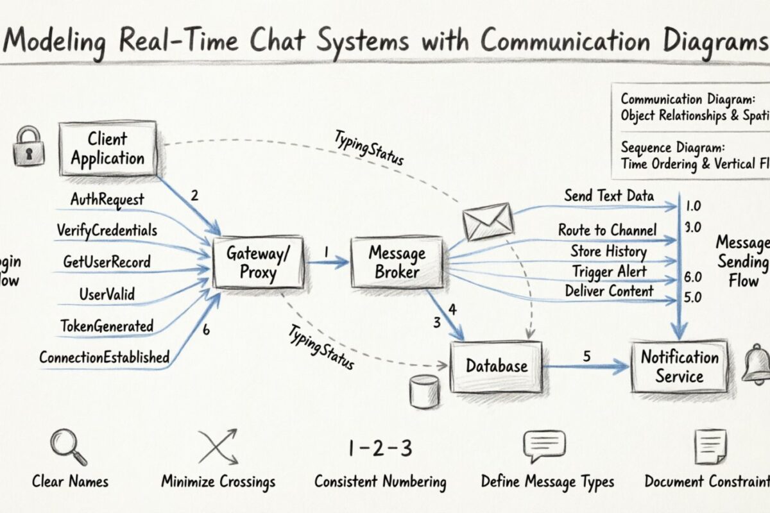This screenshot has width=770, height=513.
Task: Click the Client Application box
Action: pyautogui.click(x=108, y=149)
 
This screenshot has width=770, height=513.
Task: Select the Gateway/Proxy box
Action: pyautogui.click(x=258, y=263)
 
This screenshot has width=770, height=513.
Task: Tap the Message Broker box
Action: pyautogui.click(x=397, y=262)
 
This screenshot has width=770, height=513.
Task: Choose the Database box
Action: pyautogui.click(x=496, y=366)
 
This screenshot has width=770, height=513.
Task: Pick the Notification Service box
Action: pyautogui.click(x=679, y=366)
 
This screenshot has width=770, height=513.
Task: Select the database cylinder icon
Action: pyautogui.click(x=424, y=391)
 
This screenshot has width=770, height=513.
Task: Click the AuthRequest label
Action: pyautogui.click(x=107, y=200)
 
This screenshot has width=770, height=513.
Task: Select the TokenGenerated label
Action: pyautogui.click(x=107, y=326)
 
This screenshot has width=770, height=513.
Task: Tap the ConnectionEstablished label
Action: pyautogui.click(x=104, y=357)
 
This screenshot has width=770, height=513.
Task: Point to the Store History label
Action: pyautogui.click(x=608, y=251)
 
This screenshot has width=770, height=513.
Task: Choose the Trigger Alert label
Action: pyautogui.click(x=610, y=272)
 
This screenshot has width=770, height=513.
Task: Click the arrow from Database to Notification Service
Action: pyautogui.click(x=585, y=367)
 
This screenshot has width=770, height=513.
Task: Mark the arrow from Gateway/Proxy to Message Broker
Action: pyautogui.click(x=327, y=262)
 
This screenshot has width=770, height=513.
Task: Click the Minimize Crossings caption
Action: pyautogui.click(x=218, y=482)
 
